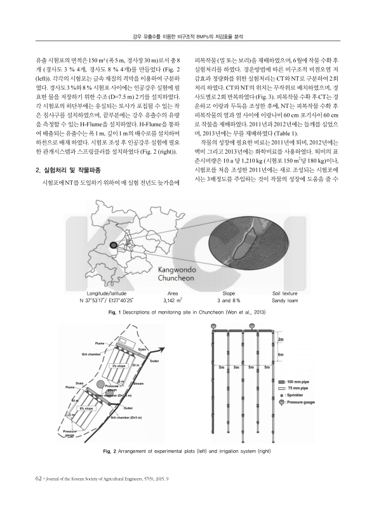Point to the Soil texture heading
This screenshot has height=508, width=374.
coord(284,293)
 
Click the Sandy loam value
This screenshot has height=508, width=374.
coord(284,300)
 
